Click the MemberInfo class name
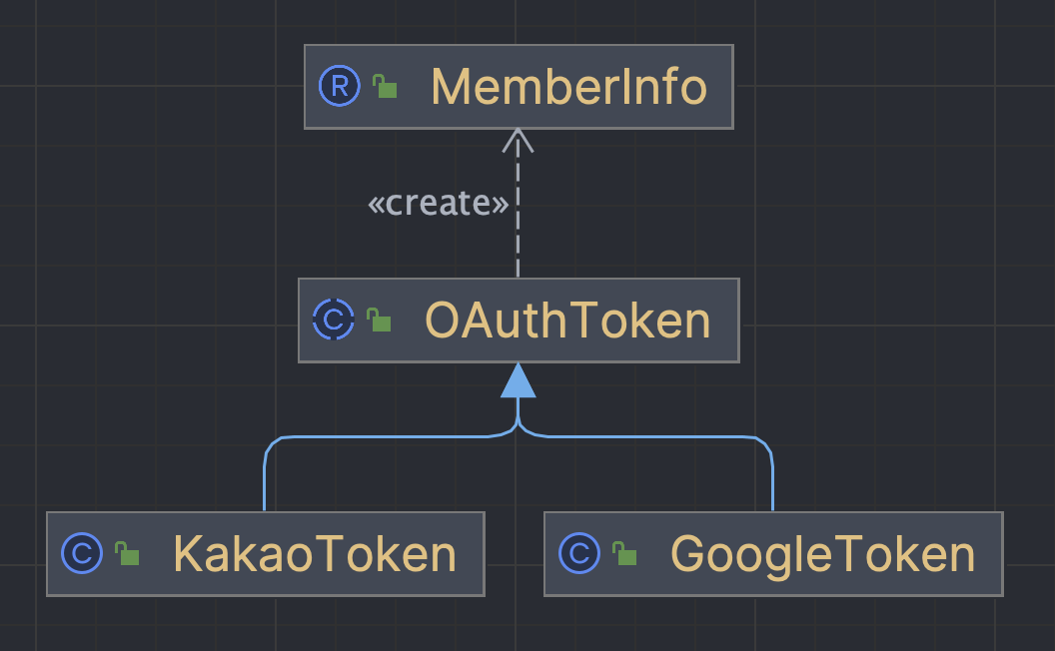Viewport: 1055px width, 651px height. [x=568, y=88]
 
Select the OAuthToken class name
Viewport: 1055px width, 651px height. [x=567, y=321]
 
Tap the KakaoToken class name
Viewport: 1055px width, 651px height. [x=315, y=554]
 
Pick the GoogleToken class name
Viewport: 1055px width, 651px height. [x=822, y=554]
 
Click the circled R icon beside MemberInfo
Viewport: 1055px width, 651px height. [x=339, y=87]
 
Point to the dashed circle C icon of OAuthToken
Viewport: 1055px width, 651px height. [x=333, y=321]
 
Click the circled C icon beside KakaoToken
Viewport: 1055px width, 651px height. [x=82, y=553]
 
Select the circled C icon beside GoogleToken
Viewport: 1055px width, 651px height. [x=579, y=553]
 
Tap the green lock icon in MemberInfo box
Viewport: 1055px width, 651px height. [x=385, y=88]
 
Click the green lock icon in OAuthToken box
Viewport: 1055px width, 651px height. [x=379, y=322]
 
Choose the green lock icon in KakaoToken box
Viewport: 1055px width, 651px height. [x=127, y=554]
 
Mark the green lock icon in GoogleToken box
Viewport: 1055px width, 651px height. [x=624, y=554]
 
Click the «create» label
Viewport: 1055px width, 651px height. [x=439, y=204]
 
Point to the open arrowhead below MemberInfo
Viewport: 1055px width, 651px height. [x=518, y=141]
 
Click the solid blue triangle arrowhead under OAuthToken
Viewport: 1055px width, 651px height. [x=518, y=380]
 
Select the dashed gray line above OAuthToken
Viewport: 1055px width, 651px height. [x=518, y=230]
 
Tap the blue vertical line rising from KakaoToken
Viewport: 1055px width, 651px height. [x=265, y=479]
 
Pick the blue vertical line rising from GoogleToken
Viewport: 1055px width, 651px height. [x=772, y=479]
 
